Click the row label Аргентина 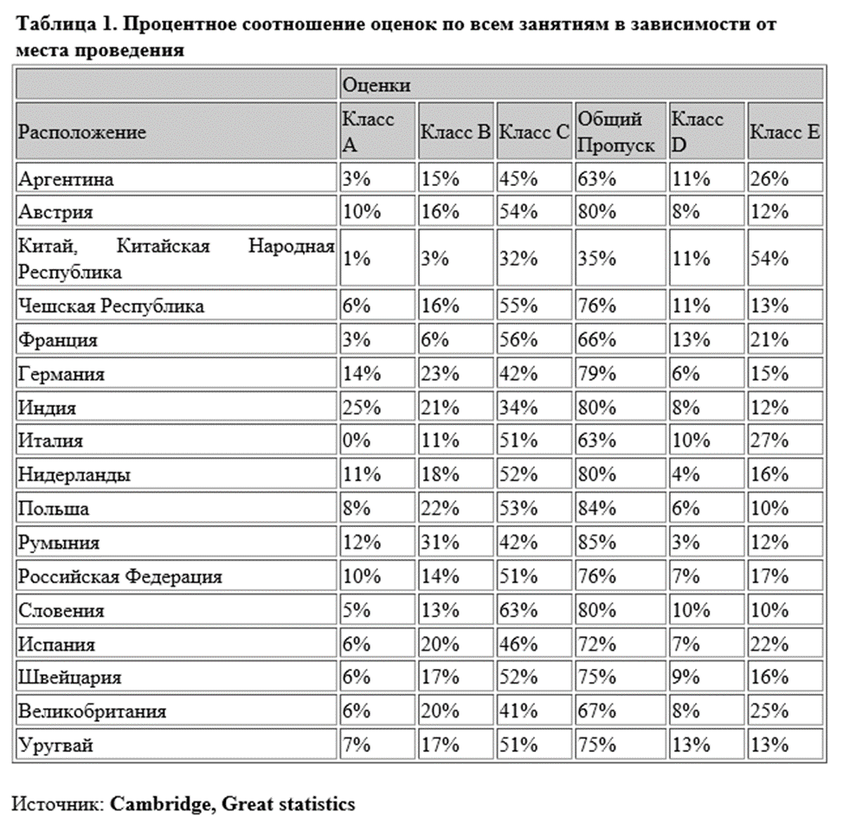[66, 179]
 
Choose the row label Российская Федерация [120, 576]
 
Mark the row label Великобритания [92, 711]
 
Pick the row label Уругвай [55, 745]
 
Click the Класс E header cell [784, 132]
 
